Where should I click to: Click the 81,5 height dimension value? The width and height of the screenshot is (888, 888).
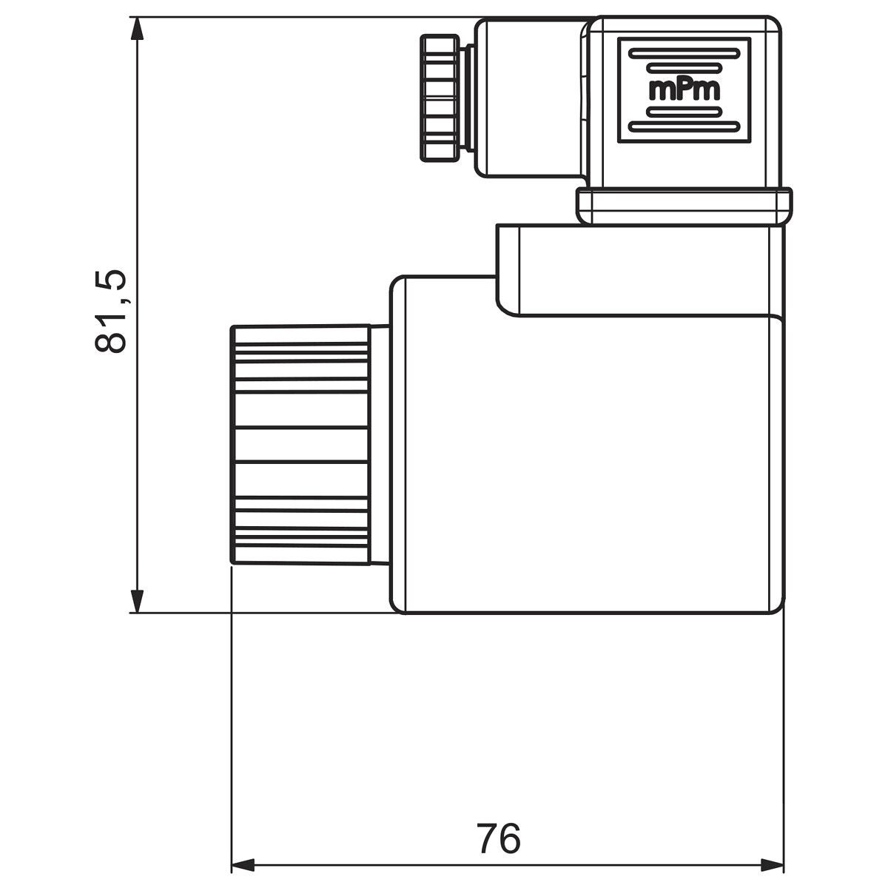(110, 312)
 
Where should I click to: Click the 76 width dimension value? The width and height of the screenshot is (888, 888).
(499, 838)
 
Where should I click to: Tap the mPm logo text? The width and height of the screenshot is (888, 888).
(684, 90)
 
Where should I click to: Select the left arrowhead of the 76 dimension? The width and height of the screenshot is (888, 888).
(243, 865)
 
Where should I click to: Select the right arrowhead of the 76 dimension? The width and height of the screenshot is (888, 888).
(772, 865)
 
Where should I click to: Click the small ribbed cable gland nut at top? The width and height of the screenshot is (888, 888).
(440, 98)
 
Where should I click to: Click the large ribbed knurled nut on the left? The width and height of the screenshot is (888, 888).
(300, 445)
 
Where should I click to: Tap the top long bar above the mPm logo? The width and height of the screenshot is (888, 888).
(684, 54)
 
